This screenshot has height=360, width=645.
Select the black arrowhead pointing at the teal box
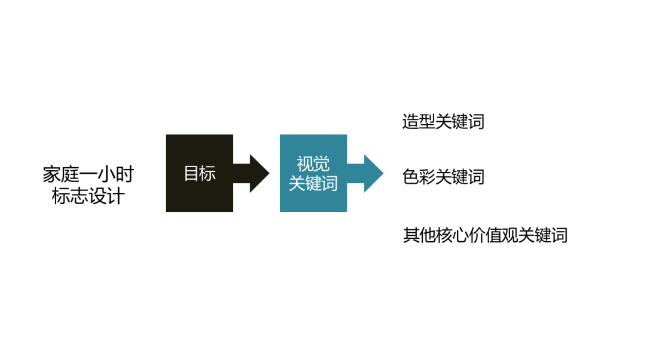(258, 173)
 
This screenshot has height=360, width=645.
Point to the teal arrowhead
(373, 173)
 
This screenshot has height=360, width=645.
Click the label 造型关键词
(443, 121)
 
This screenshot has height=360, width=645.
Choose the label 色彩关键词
(443, 177)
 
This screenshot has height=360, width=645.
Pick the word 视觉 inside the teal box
(313, 164)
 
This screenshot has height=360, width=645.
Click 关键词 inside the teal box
(313, 183)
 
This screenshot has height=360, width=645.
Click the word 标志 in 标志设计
(69, 196)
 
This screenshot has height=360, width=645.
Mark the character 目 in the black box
(191, 174)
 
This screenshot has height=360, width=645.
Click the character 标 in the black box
(207, 174)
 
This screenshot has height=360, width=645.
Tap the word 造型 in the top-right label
(419, 121)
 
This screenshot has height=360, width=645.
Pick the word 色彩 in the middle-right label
(419, 177)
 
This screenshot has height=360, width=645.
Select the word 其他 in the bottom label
(419, 235)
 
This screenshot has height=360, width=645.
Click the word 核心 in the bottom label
(451, 235)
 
